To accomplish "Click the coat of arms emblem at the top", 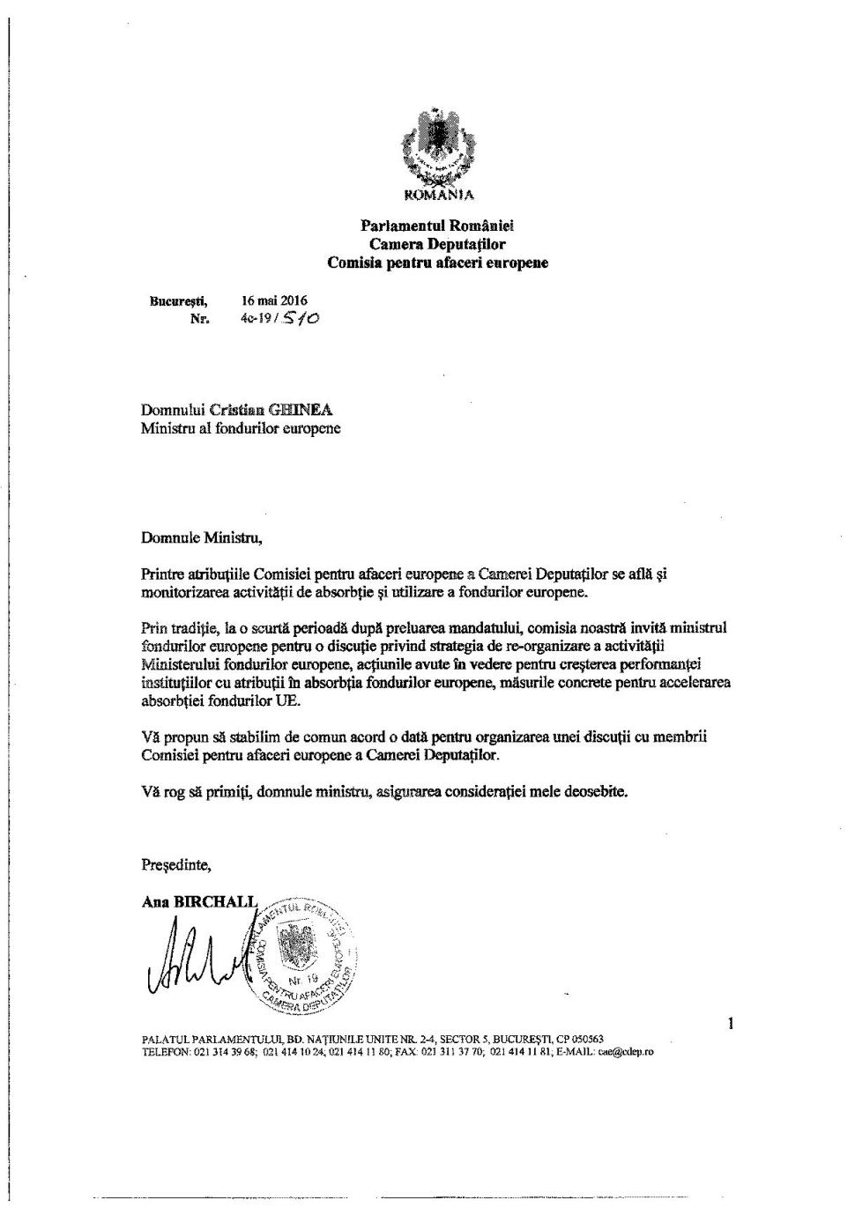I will (x=438, y=144).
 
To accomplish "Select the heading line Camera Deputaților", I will (x=437, y=244).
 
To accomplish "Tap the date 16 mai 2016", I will (x=274, y=300).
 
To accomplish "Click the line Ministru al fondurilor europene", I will (x=240, y=429).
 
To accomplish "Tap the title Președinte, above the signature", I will (x=176, y=865).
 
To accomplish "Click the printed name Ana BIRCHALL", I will (x=199, y=901).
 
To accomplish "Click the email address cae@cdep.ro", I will (x=626, y=1051).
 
